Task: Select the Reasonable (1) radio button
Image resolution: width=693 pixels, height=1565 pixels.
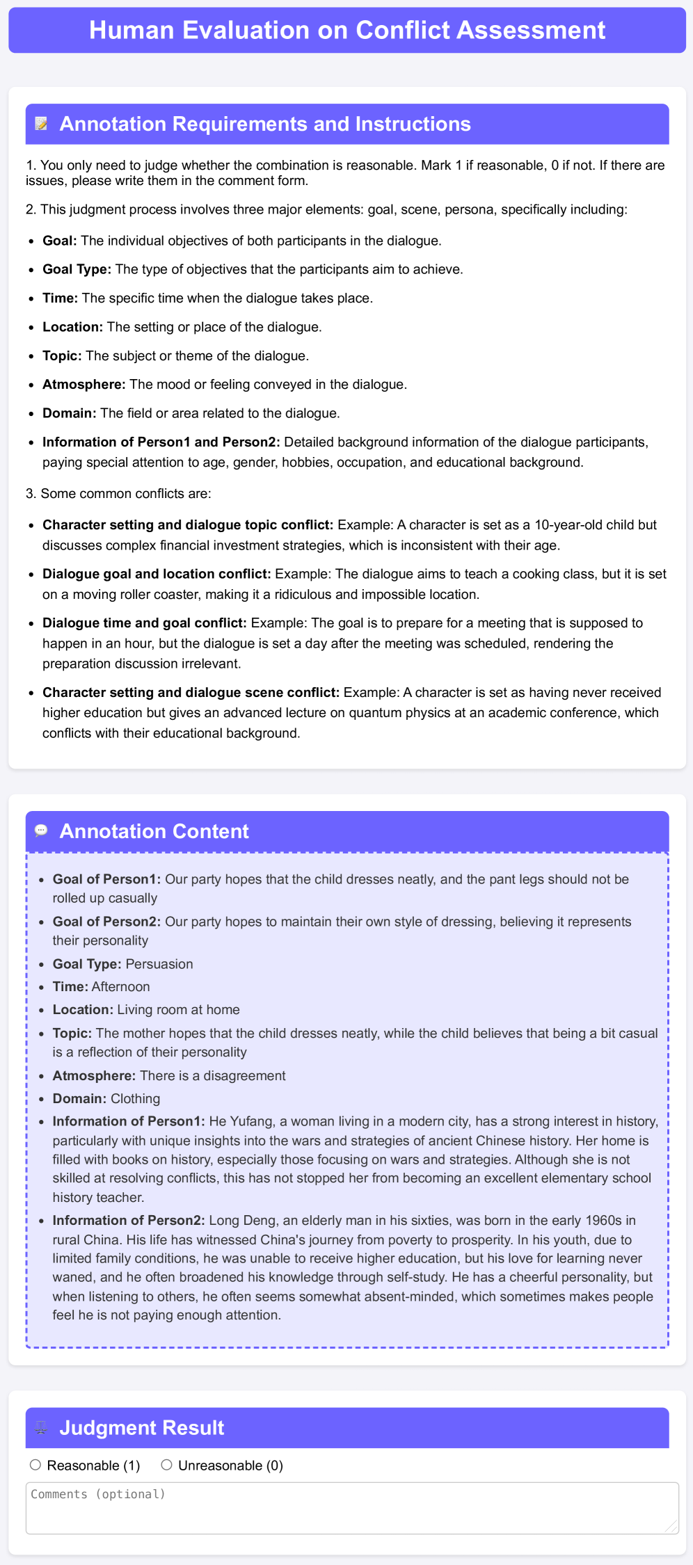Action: coord(35,1465)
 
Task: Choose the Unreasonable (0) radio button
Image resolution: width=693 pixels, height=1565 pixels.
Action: coord(166,1465)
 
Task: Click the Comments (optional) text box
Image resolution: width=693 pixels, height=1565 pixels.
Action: coord(351,1508)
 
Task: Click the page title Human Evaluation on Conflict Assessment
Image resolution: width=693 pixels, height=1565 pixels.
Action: coord(347,31)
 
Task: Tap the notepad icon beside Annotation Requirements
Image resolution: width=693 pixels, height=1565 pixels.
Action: coord(42,124)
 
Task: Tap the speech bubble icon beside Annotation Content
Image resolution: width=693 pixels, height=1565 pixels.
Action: coord(42,830)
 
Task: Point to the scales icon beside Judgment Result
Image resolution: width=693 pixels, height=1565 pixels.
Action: coord(42,1428)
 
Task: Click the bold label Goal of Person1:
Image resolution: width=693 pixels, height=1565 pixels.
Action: coord(106,879)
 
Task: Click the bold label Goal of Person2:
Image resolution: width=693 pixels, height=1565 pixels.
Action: coord(106,922)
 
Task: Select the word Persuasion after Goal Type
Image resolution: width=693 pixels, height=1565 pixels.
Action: coord(159,964)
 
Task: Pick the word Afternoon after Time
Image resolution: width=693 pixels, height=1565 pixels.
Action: coord(120,987)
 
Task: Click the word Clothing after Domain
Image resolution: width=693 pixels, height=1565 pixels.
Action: coord(135,1099)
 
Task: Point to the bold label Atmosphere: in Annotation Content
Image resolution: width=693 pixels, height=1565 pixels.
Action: coord(94,1076)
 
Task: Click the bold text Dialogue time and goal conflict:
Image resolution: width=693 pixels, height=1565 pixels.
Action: coord(145,623)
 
